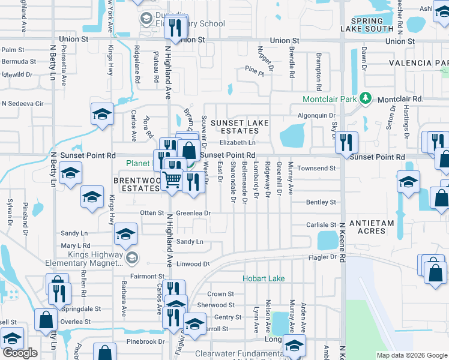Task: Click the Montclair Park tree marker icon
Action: point(364,98)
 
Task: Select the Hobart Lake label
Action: point(264,278)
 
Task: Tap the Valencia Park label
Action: point(418,63)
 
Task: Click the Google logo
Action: point(20,353)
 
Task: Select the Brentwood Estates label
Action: point(139,184)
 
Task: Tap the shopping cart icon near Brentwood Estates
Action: point(172,178)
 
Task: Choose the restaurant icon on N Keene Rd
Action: point(346,142)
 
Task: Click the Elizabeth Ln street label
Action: point(237,142)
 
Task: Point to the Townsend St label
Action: point(316,169)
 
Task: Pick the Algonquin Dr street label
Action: point(316,115)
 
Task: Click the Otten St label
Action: point(151,213)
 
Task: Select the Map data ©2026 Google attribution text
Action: point(411,355)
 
